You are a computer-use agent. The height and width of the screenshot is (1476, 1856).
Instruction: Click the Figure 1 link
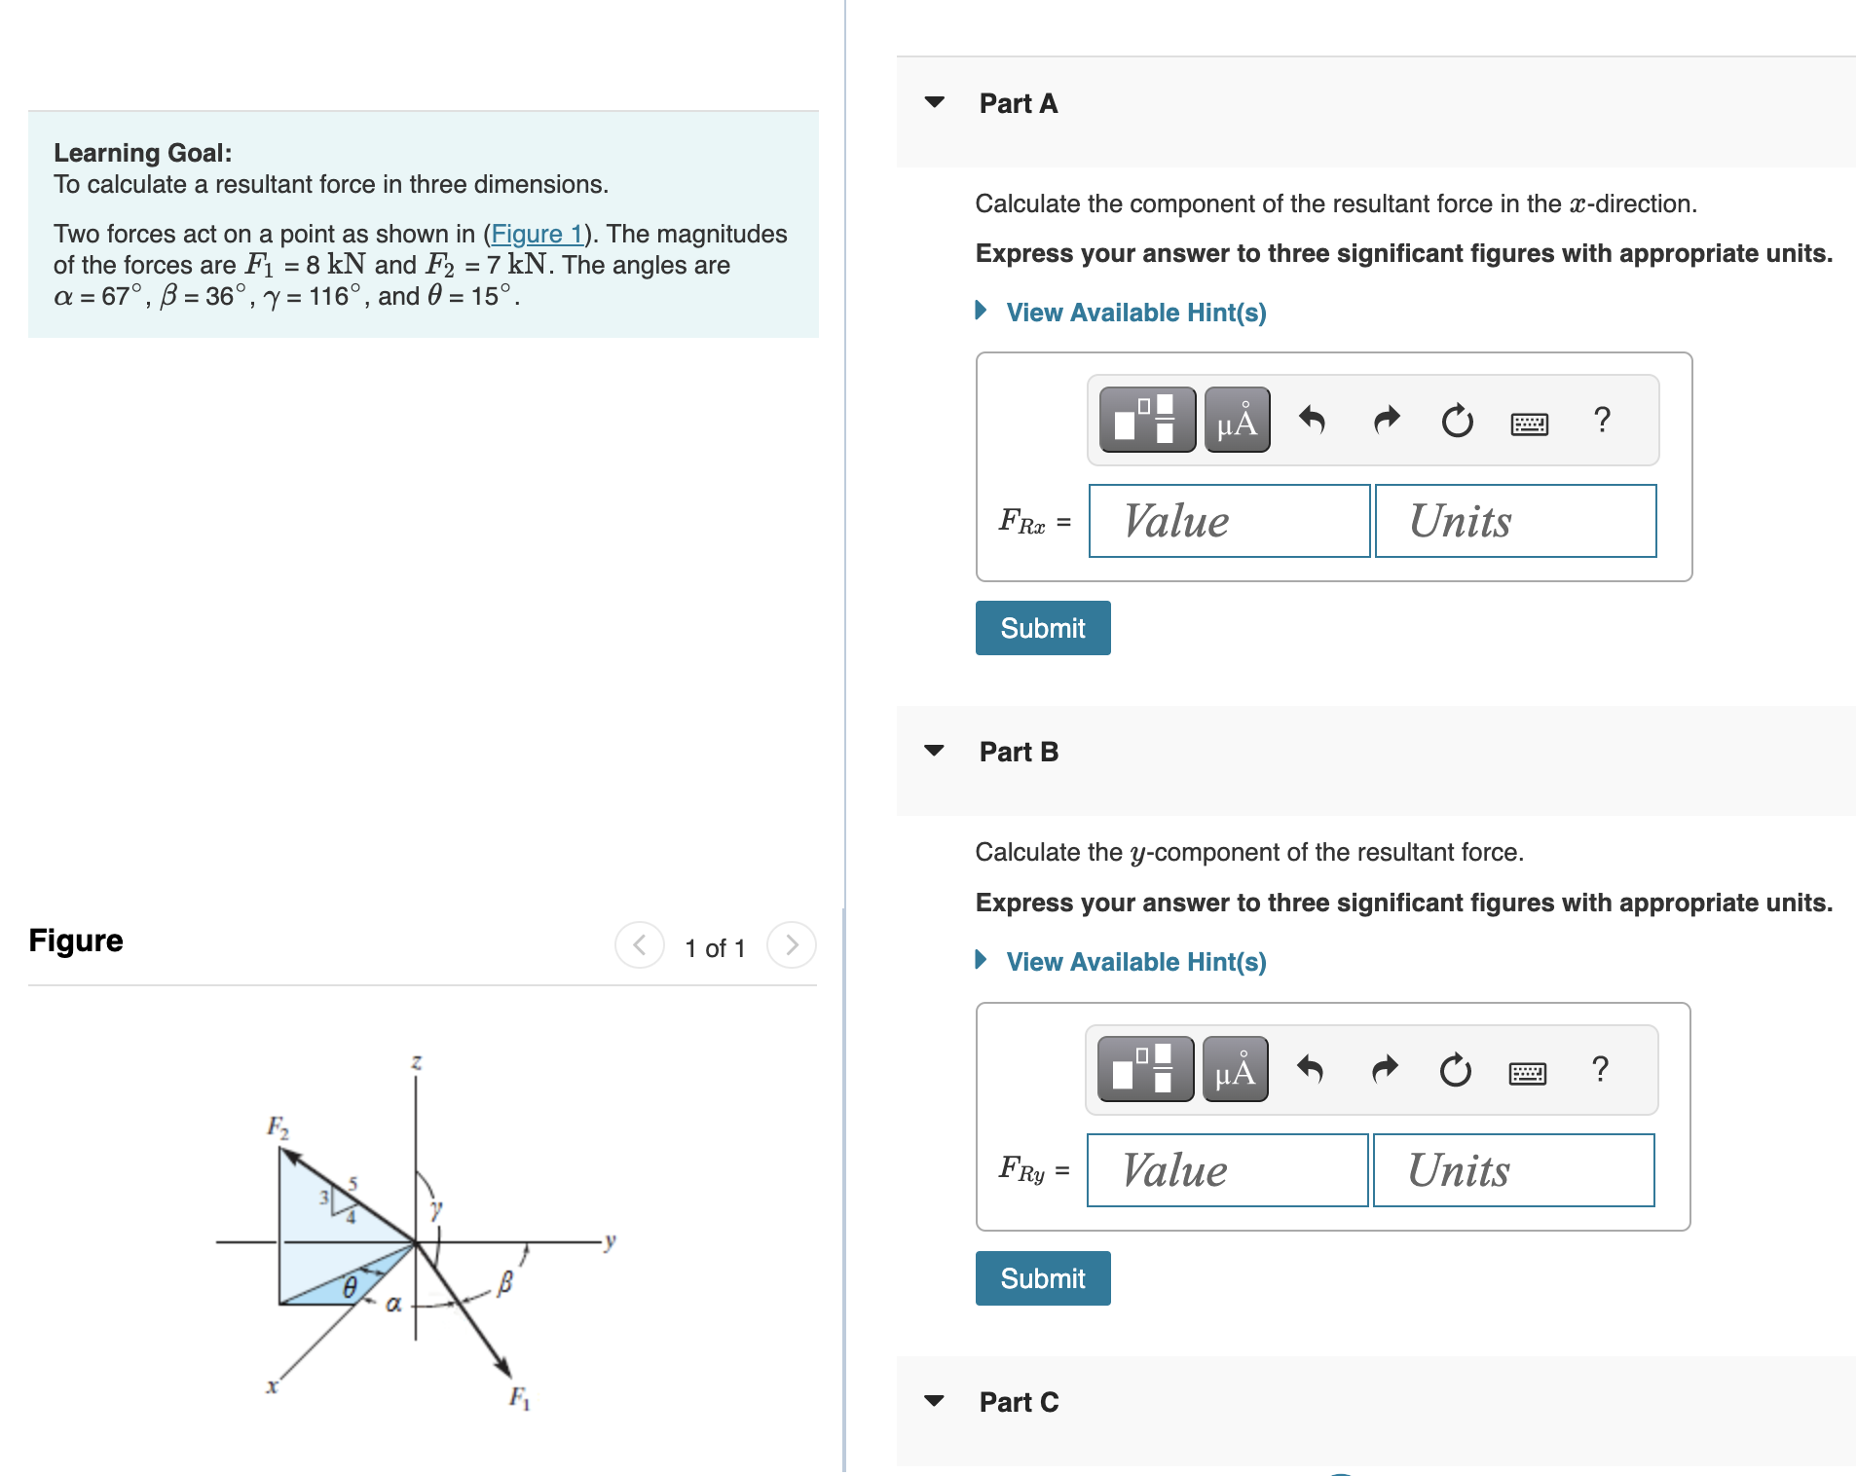(537, 234)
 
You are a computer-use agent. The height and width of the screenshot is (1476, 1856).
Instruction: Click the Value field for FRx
(1229, 521)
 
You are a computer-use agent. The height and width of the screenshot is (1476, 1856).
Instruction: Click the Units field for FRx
(1515, 521)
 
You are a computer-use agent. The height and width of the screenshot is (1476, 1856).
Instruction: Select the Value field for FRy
(1227, 1170)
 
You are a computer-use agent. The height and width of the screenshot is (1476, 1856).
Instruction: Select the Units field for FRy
(1513, 1170)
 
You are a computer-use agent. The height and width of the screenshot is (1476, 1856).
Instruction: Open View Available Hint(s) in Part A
(1135, 313)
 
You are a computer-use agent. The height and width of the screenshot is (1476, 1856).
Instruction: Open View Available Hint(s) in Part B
(1135, 962)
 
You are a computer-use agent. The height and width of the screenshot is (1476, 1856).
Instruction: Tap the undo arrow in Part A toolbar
(1312, 421)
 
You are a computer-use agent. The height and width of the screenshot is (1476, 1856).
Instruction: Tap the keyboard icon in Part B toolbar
(1527, 1072)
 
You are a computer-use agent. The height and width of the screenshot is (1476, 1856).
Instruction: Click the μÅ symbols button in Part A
(1237, 421)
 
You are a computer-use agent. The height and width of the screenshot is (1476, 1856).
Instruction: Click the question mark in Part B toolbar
(1600, 1069)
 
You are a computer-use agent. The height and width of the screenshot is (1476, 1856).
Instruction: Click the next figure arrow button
(792, 944)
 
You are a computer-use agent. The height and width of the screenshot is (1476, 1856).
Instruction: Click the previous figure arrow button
(640, 944)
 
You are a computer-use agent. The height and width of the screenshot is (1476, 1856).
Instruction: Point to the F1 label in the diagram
(520, 1398)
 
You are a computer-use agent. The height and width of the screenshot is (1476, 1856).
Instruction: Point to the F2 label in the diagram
(278, 1127)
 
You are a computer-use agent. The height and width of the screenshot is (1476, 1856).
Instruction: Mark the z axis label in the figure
(417, 1062)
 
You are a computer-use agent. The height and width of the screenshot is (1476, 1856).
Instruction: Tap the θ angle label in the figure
(350, 1288)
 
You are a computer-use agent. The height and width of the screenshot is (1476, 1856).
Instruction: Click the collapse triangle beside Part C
(934, 1401)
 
